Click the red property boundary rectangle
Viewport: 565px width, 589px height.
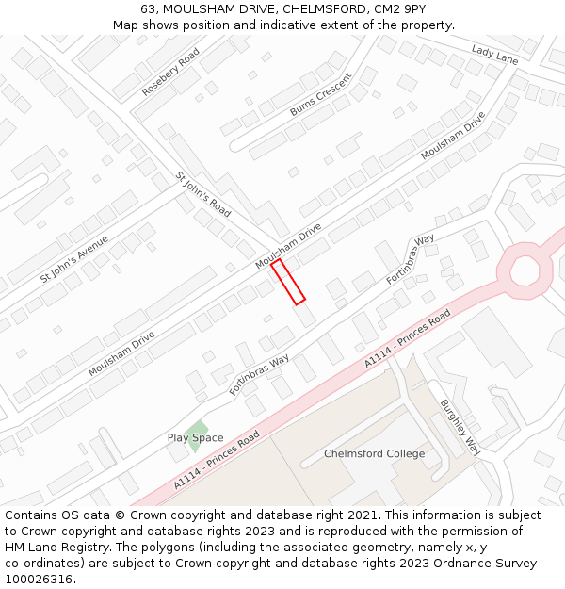point(288,283)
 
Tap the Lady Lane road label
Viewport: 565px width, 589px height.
point(494,56)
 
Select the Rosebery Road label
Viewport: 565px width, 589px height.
point(170,73)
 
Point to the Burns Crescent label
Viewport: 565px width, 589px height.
point(320,95)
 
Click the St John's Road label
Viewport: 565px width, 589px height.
point(202,194)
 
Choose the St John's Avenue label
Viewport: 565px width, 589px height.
point(74,259)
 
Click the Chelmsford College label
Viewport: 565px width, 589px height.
point(374,453)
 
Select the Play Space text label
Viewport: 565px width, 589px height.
point(196,437)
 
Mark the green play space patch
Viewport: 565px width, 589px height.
point(197,430)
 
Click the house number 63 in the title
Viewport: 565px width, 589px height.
point(149,8)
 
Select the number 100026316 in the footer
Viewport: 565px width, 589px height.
point(39,579)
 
